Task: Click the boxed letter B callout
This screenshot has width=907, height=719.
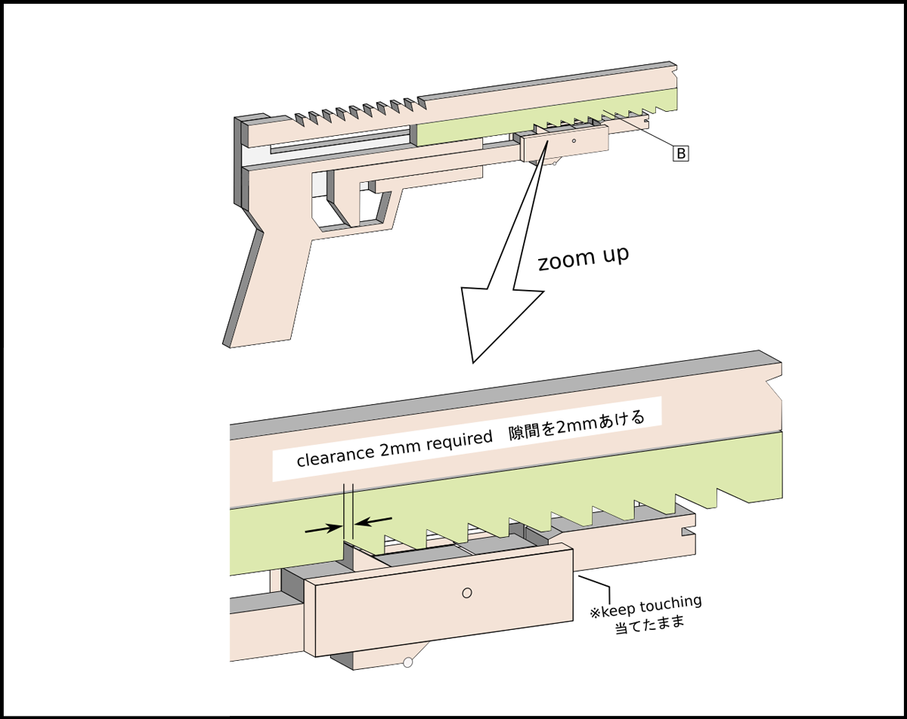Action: (680, 153)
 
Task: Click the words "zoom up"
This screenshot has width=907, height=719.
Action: (583, 259)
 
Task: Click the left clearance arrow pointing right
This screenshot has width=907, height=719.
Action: (322, 529)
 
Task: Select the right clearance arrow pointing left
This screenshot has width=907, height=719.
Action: (374, 520)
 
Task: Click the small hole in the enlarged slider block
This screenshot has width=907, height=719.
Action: (467, 593)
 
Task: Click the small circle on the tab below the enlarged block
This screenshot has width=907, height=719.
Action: (407, 663)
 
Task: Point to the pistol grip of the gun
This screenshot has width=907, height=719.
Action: (265, 287)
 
